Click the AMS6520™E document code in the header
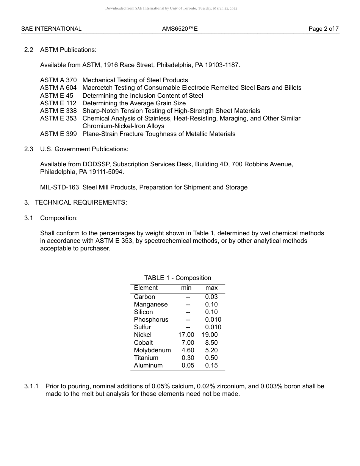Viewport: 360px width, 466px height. click(180, 29)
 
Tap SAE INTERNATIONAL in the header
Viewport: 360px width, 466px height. click(51, 29)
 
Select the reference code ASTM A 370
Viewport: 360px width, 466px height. click(58, 80)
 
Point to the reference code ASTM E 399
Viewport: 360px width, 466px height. click(58, 134)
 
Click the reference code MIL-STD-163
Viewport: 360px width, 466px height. click(59, 187)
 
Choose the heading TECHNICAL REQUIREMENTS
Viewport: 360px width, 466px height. click(81, 202)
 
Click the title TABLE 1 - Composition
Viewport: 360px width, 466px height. click(177, 278)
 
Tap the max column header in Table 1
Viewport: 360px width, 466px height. click(211, 288)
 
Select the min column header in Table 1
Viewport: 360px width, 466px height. click(186, 288)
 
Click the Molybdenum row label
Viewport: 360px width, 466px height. click(152, 350)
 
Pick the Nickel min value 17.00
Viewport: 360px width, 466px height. click(186, 335)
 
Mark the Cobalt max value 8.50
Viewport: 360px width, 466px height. click(211, 342)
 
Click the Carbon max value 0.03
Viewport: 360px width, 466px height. click(211, 297)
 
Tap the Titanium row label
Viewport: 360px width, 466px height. click(146, 358)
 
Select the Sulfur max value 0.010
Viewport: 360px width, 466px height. click(213, 327)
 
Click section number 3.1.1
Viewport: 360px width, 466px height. click(31, 386)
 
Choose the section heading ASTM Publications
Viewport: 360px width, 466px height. click(68, 50)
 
